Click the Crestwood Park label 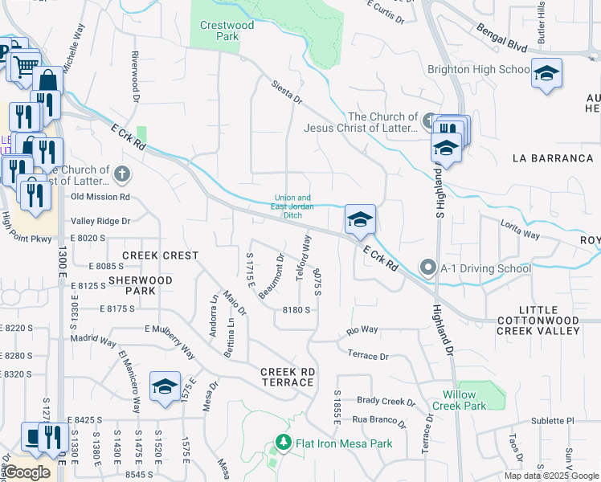point(227,31)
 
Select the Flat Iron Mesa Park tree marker point(282,443)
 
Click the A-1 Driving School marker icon point(428,268)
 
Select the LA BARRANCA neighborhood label point(553,158)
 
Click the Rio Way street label point(362,329)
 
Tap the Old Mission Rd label point(100,196)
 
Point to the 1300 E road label point(62,273)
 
